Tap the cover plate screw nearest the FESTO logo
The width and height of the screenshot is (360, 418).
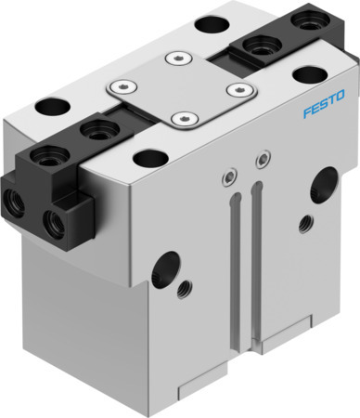(240, 91)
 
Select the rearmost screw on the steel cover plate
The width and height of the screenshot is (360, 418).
(173, 59)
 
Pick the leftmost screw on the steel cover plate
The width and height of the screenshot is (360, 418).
(117, 88)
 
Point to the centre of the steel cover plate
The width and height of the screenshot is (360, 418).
(179, 90)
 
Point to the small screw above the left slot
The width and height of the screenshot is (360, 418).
(229, 174)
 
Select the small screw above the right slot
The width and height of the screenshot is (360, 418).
(263, 161)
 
